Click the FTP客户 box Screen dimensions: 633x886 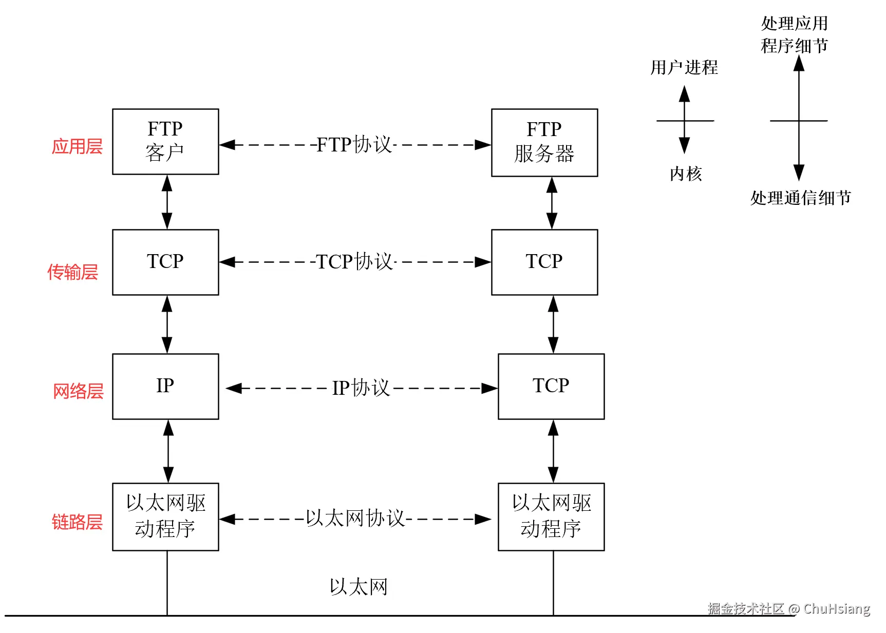165,141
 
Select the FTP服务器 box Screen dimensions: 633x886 544,142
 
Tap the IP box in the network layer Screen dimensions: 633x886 165,386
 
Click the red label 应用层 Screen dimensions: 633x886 77,146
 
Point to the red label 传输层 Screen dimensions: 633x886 72,272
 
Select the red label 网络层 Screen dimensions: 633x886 78,391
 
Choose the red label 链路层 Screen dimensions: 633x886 77,522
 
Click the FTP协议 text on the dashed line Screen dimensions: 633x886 354,145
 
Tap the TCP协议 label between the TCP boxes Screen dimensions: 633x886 354,262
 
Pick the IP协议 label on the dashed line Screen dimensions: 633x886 361,388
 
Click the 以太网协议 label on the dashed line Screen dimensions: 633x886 355,519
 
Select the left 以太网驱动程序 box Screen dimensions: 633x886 165,516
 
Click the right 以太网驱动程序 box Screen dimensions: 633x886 551,516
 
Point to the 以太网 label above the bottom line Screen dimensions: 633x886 359,587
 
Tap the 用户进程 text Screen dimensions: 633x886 684,67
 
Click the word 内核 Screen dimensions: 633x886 685,174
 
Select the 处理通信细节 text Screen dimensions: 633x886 800,198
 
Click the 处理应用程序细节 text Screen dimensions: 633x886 794,34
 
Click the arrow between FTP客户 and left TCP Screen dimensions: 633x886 167,202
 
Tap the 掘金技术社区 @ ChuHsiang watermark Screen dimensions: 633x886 788,609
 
